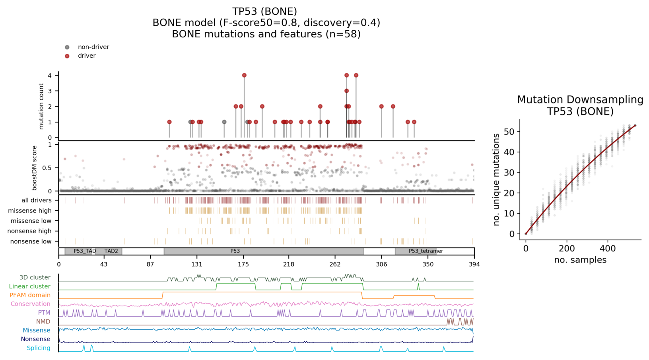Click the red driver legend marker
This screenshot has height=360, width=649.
[x=67, y=56]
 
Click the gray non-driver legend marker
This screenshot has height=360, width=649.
[x=67, y=47]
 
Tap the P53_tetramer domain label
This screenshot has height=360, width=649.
[x=426, y=251]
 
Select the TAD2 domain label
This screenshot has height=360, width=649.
[x=111, y=251]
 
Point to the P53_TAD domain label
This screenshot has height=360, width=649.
[x=85, y=251]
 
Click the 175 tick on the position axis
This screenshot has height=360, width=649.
[x=243, y=265]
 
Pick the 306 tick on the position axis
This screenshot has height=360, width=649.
[x=381, y=265]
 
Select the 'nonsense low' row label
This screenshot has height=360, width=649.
[x=31, y=241]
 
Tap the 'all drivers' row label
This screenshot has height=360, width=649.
[x=37, y=200]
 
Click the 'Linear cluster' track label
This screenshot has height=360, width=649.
[x=30, y=286]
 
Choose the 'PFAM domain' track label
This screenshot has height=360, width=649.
[x=30, y=295]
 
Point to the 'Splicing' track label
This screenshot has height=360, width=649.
[x=39, y=348]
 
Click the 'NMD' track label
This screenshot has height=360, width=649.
[x=43, y=321]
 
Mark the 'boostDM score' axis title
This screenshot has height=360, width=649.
[x=35, y=168]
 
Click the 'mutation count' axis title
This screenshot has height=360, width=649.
[x=41, y=106]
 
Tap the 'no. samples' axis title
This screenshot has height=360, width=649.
[x=580, y=260]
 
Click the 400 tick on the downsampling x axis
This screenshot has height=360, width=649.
[x=608, y=249]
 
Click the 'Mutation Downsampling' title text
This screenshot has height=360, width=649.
[x=580, y=100]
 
